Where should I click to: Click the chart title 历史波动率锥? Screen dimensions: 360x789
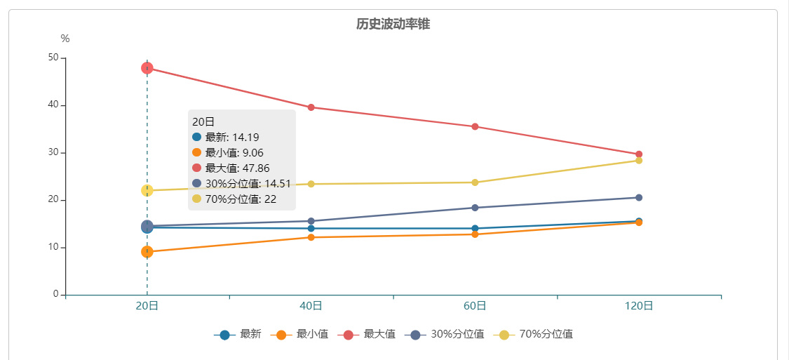[x=393, y=24]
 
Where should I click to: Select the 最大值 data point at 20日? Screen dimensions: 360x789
[x=147, y=68]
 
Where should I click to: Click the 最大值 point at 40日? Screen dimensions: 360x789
[x=311, y=107]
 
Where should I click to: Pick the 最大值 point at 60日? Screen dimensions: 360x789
[x=475, y=127]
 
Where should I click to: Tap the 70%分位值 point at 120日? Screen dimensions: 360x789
[x=639, y=161]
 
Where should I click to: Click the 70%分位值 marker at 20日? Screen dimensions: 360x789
[x=147, y=190]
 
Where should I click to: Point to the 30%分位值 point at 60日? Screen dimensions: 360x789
[x=475, y=208]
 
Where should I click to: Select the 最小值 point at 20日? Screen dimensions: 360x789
[x=147, y=252]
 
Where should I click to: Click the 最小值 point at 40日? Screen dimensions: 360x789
[x=311, y=237]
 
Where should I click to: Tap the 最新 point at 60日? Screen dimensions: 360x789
[x=475, y=228]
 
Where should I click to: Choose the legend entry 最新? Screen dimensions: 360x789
[x=238, y=335]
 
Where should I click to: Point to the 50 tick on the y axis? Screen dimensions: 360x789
[x=53, y=58]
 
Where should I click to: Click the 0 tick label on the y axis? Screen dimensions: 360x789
[x=55, y=295]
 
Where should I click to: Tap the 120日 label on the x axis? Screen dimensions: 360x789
[x=639, y=306]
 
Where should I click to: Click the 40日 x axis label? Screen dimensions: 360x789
[x=311, y=306]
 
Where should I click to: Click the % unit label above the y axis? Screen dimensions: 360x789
[x=65, y=39]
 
